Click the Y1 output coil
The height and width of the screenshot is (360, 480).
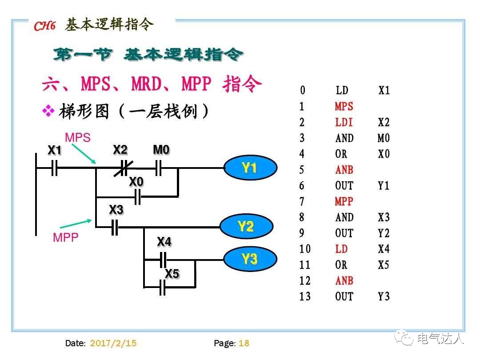[x=250, y=168]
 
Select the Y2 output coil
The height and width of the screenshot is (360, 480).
[x=246, y=227]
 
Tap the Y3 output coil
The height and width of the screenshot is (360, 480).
[x=250, y=259]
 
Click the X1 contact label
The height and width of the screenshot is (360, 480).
[x=54, y=151]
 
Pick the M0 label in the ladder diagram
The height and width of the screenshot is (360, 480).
[x=161, y=150]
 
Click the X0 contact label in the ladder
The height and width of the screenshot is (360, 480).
[x=136, y=182]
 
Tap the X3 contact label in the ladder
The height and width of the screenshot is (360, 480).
[x=116, y=210]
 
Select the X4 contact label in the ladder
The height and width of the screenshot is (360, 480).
[x=164, y=242]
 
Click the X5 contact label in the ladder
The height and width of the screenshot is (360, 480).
[x=172, y=274]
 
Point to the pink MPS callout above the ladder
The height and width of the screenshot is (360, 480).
[x=78, y=138]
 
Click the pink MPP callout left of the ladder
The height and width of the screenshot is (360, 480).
[x=66, y=238]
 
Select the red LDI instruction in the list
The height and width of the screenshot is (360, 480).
[x=344, y=123]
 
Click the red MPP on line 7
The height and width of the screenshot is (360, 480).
[x=344, y=202]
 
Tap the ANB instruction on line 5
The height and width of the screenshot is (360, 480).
[x=344, y=170]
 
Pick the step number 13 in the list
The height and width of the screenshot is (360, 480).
[x=305, y=297]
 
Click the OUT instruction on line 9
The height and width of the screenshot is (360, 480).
[x=344, y=233]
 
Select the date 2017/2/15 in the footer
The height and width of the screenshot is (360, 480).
[x=113, y=343]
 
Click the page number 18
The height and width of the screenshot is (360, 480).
[x=244, y=343]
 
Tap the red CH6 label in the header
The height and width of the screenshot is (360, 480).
[x=44, y=26]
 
